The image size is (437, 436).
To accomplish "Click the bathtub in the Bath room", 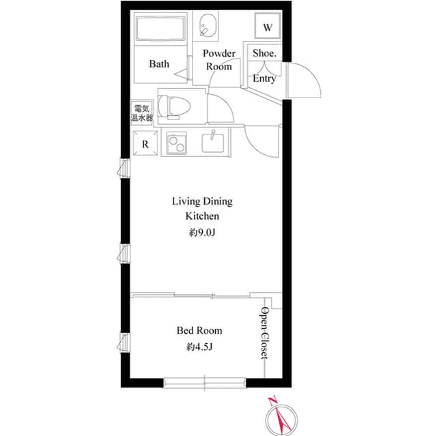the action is pyautogui.click(x=160, y=28).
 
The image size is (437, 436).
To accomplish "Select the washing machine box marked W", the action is pyautogui.click(x=267, y=26).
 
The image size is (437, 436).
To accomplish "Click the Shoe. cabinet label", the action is pyautogui.click(x=264, y=53).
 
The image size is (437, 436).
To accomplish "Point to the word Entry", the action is pyautogui.click(x=264, y=78).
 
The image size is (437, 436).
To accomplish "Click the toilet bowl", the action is pyautogui.click(x=175, y=107).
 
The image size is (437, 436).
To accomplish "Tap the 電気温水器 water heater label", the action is pyautogui.click(x=142, y=113).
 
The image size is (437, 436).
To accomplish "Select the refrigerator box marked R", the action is pyautogui.click(x=145, y=143).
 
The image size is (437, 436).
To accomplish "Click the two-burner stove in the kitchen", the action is pyautogui.click(x=177, y=143).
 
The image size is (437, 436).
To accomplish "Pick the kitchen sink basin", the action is pyautogui.click(x=212, y=143).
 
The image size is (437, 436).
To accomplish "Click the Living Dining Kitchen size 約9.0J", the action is pyautogui.click(x=202, y=233).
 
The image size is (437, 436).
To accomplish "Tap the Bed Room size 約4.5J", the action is pyautogui.click(x=199, y=347).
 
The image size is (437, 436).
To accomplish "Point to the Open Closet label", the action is pyautogui.click(x=264, y=333).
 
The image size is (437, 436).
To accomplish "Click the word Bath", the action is pyautogui.click(x=159, y=63).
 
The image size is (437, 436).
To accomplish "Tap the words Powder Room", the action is pyautogui.click(x=219, y=60).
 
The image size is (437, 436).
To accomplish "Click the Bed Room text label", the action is pyautogui.click(x=199, y=330).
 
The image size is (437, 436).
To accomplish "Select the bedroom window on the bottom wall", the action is pyautogui.click(x=205, y=382).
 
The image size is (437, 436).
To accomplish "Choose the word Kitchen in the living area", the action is pyautogui.click(x=202, y=216).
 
